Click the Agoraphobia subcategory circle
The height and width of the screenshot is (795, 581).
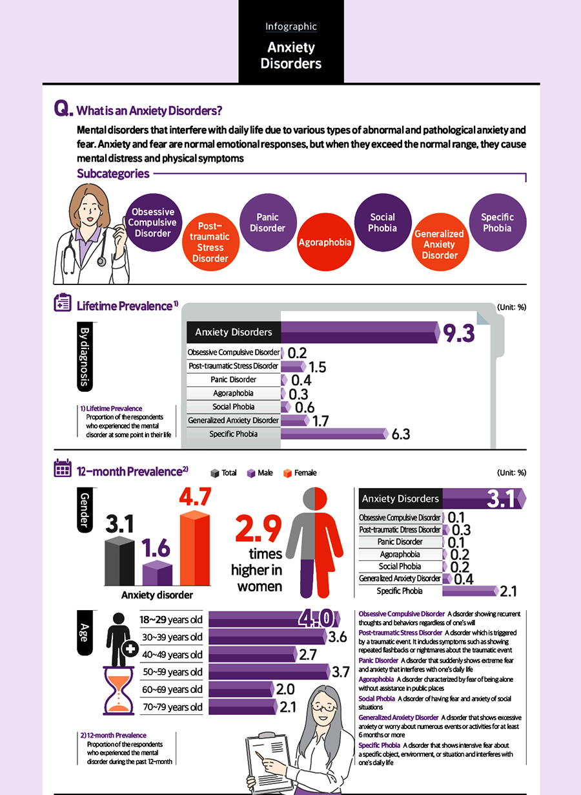pyautogui.click(x=325, y=242)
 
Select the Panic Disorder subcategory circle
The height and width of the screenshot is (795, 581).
pyautogui.click(x=267, y=222)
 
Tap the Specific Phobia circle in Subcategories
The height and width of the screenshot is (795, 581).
pyautogui.click(x=496, y=222)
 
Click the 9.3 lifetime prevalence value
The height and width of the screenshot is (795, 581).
pyautogui.click(x=458, y=333)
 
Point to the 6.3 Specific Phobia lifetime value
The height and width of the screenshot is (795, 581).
pyautogui.click(x=401, y=434)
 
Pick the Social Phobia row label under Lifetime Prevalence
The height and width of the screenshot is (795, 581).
pyautogui.click(x=234, y=407)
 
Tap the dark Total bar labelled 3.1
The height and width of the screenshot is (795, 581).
pyautogui.click(x=119, y=560)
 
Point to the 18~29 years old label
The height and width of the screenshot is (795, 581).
pyautogui.click(x=171, y=620)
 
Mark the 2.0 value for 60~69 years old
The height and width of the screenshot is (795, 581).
pyautogui.click(x=285, y=690)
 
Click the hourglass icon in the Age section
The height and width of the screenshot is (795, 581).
pyautogui.click(x=119, y=691)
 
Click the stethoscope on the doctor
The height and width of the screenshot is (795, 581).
pyautogui.click(x=102, y=258)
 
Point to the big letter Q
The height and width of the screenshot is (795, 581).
pyautogui.click(x=63, y=109)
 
